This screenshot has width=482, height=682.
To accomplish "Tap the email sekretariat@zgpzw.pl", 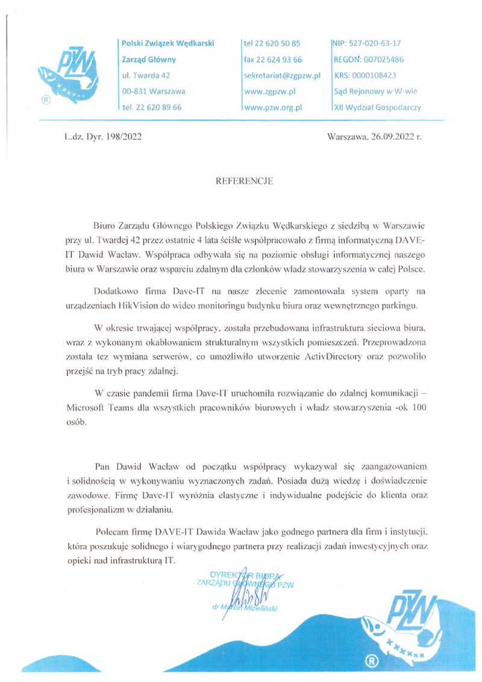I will (281, 75).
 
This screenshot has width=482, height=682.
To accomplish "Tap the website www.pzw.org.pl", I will (272, 107).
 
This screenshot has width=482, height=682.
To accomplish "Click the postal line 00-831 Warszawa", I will (153, 92).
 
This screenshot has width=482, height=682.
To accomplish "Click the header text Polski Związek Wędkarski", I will (167, 43).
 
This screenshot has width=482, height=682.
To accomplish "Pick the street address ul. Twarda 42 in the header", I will (145, 75).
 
